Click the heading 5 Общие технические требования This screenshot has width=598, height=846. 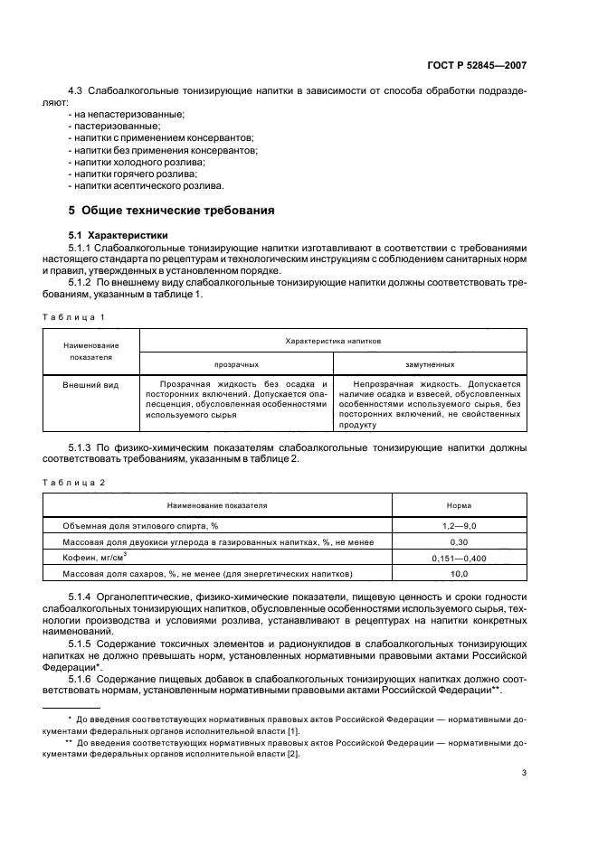click(172, 211)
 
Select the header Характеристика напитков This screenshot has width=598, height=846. click(333, 342)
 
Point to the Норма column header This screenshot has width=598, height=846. click(459, 506)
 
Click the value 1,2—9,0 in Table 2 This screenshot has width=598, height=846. click(459, 525)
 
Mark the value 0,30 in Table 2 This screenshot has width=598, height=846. click(459, 541)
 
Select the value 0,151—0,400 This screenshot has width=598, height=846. click(459, 558)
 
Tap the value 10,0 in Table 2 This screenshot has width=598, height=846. click(459, 574)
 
